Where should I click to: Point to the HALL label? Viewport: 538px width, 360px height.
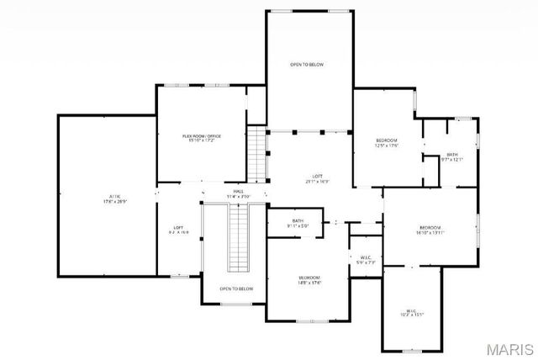tap(239, 192)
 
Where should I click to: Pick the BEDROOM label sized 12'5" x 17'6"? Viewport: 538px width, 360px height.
tap(387, 140)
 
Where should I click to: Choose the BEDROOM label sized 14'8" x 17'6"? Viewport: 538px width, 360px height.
tap(309, 277)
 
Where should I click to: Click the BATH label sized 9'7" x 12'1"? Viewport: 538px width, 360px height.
tap(452, 154)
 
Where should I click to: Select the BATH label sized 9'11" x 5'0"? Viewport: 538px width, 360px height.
tap(298, 220)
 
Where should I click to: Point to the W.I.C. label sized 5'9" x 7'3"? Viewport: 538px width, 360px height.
tap(366, 258)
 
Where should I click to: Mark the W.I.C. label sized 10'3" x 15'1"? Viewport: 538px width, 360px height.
tap(412, 310)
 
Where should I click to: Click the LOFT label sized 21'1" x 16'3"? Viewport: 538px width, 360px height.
tap(316, 176)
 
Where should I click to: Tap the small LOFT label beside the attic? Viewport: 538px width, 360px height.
tap(178, 227)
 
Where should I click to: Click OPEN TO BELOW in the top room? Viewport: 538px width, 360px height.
tap(307, 65)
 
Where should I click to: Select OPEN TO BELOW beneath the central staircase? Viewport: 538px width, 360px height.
tap(236, 289)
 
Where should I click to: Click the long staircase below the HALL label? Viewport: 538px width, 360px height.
tap(240, 237)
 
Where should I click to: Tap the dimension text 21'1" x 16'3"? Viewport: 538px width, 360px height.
tap(316, 182)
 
